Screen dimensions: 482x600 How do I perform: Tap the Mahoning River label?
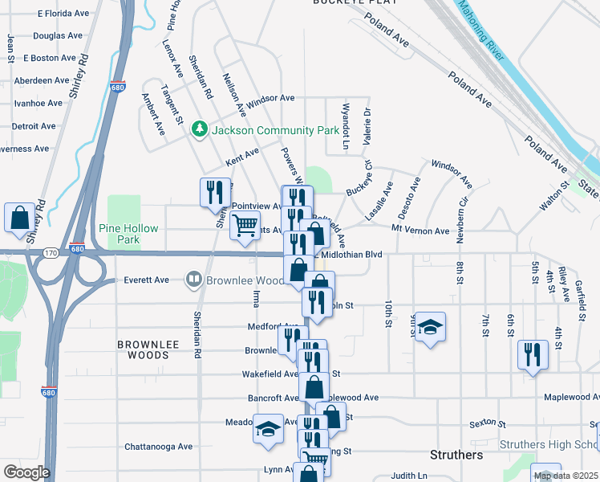(x=481, y=31)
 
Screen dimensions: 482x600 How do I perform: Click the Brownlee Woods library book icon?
(x=193, y=280)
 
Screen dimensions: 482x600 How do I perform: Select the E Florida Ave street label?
(x=61, y=14)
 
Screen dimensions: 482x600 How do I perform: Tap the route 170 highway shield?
(x=50, y=254)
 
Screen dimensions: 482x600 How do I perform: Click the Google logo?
(x=26, y=472)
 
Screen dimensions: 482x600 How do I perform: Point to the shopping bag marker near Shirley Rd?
(x=19, y=216)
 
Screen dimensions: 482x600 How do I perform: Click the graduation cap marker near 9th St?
(x=430, y=326)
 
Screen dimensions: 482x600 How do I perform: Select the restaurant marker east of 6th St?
(x=533, y=354)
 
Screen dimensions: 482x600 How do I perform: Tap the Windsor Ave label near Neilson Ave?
(x=270, y=98)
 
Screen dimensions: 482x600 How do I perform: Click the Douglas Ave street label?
(x=58, y=36)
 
